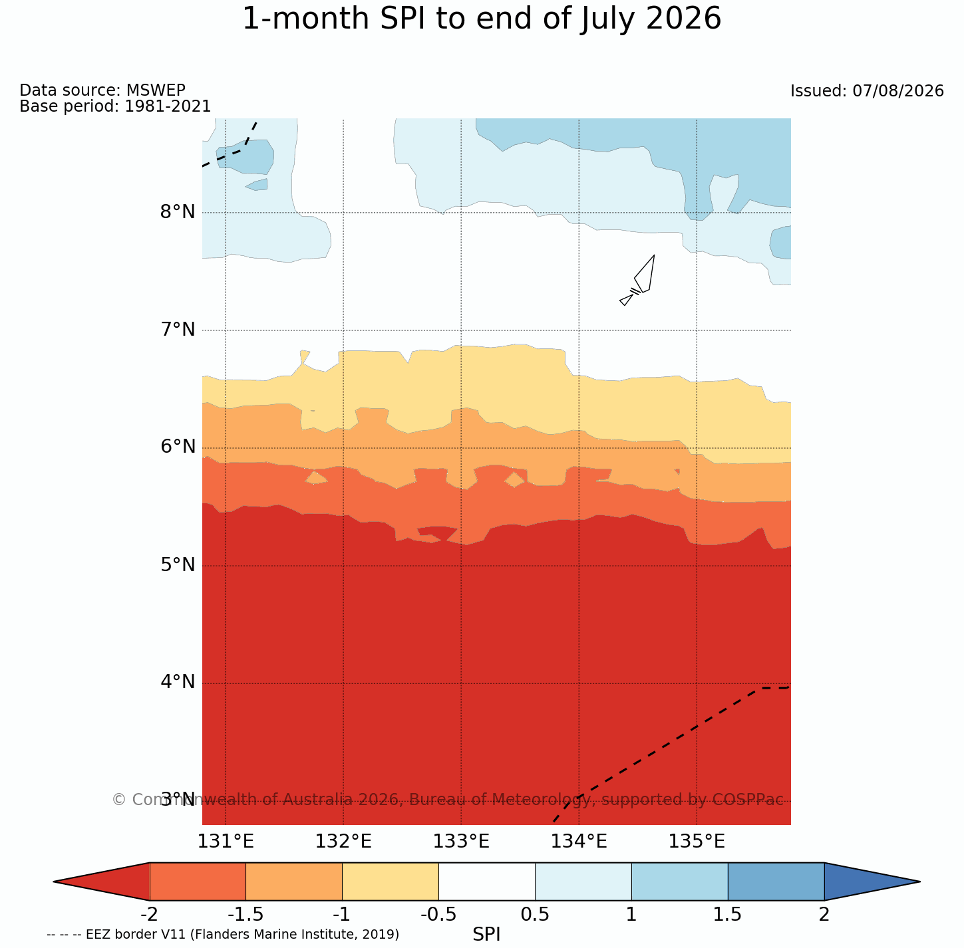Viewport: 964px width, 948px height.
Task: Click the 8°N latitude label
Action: click(x=178, y=212)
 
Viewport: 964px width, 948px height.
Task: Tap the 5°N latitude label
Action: click(x=178, y=565)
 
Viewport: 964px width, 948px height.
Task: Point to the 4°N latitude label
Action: click(x=178, y=682)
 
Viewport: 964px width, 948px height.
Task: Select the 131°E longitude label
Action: click(x=226, y=842)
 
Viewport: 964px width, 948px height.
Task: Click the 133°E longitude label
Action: click(x=461, y=842)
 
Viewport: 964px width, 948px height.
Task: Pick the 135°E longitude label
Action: click(x=697, y=842)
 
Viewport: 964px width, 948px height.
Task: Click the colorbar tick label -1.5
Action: click(x=245, y=915)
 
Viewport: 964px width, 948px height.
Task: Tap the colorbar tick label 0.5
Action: click(x=535, y=915)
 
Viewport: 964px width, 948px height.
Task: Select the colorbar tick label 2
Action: click(x=824, y=915)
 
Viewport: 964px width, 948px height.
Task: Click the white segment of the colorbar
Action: click(x=487, y=882)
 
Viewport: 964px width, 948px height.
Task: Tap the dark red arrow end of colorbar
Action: click(x=102, y=882)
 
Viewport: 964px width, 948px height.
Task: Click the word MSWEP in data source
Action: click(x=156, y=90)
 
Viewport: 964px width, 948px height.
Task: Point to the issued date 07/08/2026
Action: click(x=898, y=91)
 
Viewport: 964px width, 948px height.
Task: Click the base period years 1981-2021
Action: click(x=168, y=106)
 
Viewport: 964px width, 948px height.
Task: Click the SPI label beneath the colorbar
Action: click(x=486, y=934)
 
